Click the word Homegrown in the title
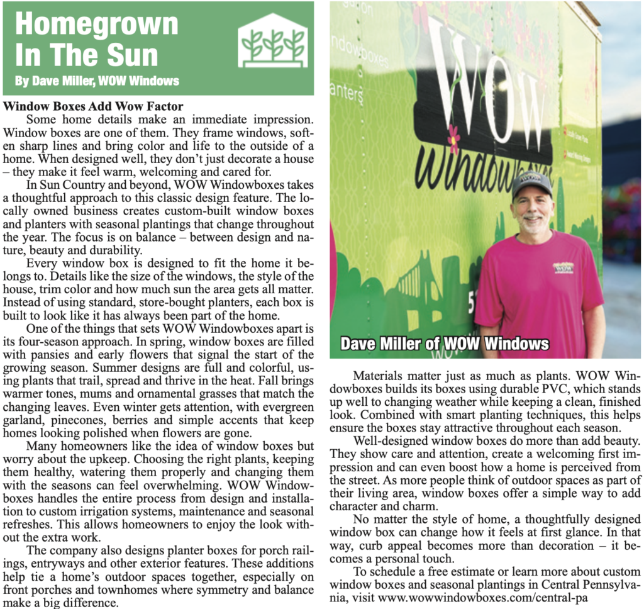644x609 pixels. (96, 24)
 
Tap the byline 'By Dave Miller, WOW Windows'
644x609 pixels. (97, 81)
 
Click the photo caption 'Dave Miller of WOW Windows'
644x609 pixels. (444, 344)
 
